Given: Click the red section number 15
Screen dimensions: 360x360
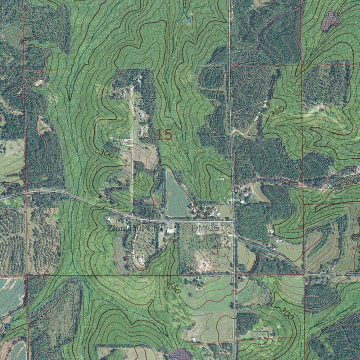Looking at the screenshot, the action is (x=165, y=135).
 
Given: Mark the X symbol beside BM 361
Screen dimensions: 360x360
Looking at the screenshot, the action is (x=229, y=225).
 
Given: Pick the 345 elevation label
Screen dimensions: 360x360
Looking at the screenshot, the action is (x=218, y=66).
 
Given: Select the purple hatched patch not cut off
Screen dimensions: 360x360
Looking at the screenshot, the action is (x=329, y=20).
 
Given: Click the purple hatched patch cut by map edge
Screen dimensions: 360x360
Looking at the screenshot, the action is (x=180, y=354).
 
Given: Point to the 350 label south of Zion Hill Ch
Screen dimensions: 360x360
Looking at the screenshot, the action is (x=174, y=287).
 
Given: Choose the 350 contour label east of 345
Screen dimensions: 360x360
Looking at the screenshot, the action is (x=277, y=112).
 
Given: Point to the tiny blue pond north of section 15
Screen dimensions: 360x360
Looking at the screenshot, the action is (x=189, y=20).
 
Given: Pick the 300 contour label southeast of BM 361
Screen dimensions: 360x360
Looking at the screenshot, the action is (x=287, y=313).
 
